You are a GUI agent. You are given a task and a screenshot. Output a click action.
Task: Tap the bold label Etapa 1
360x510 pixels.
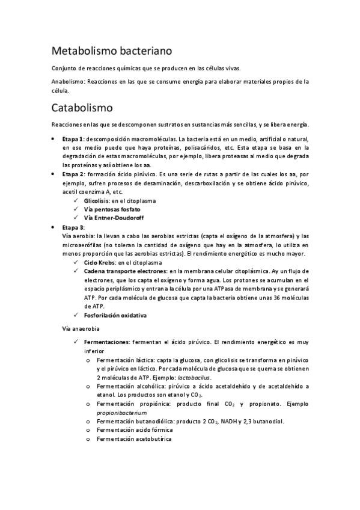click(74, 139)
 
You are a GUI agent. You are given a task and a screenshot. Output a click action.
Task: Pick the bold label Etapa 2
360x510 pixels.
click(74, 173)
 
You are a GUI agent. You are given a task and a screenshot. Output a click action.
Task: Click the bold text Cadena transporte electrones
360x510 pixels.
click(121, 272)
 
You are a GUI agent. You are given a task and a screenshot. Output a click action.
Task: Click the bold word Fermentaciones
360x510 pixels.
click(106, 342)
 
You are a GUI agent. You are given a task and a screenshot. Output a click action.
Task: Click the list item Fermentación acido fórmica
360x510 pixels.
click(134, 430)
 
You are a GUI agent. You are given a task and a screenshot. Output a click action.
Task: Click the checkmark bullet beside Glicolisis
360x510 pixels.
click(75, 200)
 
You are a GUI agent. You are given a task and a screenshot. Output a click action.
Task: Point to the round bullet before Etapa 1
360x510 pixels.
click(54, 139)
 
